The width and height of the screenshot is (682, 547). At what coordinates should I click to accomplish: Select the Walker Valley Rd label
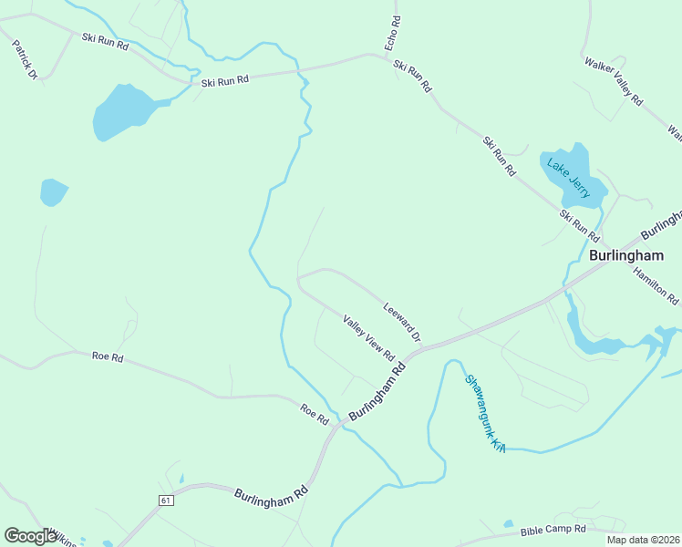pos(614,83)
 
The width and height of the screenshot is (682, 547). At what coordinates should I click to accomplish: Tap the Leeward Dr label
pos(402,322)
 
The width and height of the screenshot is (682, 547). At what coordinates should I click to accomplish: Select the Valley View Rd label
pos(368,336)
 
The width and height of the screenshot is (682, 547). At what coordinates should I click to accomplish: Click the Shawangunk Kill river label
pos(485,413)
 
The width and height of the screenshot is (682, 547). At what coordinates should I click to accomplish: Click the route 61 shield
pos(165,501)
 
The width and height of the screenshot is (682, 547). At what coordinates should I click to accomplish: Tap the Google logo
pos(30,536)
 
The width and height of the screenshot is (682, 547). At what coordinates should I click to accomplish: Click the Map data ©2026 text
pos(643,540)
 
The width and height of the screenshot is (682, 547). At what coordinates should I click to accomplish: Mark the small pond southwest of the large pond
pos(53,191)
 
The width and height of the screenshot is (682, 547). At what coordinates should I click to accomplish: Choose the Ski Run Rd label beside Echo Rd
pos(412,77)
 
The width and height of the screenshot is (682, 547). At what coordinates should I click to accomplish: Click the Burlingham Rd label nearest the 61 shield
pos(271,495)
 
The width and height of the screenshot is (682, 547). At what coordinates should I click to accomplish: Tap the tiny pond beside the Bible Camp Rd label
pos(508,524)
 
